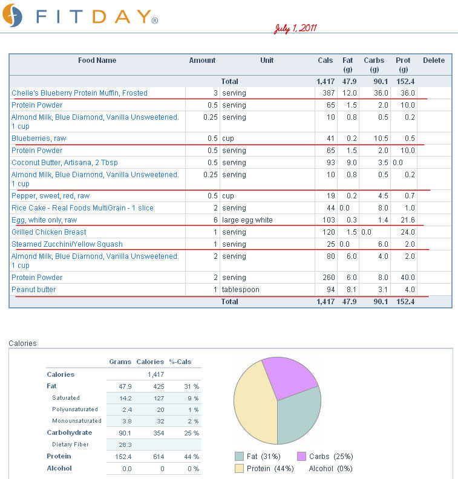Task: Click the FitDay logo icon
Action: pyautogui.click(x=12, y=15)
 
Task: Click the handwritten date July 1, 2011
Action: pyautogui.click(x=295, y=28)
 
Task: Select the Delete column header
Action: pyautogui.click(x=434, y=60)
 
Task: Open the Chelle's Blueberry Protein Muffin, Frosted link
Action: pyautogui.click(x=79, y=93)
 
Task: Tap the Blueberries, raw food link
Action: pyautogui.click(x=39, y=138)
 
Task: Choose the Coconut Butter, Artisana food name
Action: pyautogui.click(x=65, y=163)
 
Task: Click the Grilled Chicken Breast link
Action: pyautogui.click(x=49, y=232)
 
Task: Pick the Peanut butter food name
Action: pyautogui.click(x=34, y=290)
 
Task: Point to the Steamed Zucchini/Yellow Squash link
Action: pyautogui.click(x=67, y=244)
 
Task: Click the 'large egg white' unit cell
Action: pyautogui.click(x=247, y=220)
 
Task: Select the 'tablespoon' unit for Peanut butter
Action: pyautogui.click(x=240, y=290)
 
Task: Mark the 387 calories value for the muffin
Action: pyautogui.click(x=329, y=93)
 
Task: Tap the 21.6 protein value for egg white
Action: pyautogui.click(x=408, y=220)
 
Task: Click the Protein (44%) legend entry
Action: pyautogui.click(x=264, y=469)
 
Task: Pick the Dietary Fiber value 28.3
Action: pyautogui.click(x=125, y=445)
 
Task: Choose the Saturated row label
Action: pyautogui.click(x=66, y=398)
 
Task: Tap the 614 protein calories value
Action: pyautogui.click(x=159, y=457)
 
